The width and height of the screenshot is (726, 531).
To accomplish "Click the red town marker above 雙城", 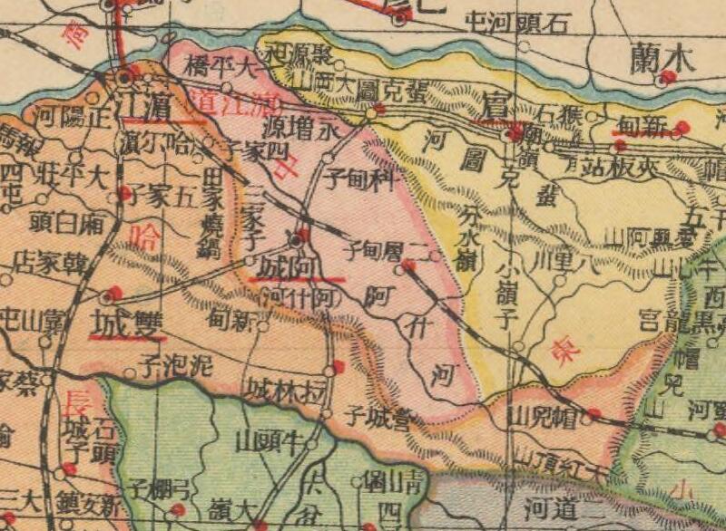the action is click(110, 294).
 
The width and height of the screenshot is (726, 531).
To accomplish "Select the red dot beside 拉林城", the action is click(338, 367).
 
